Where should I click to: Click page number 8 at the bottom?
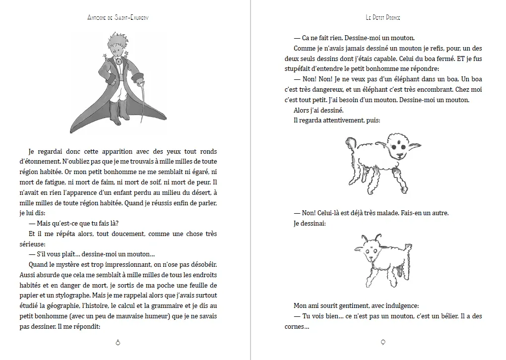118,342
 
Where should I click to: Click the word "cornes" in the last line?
299,326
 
